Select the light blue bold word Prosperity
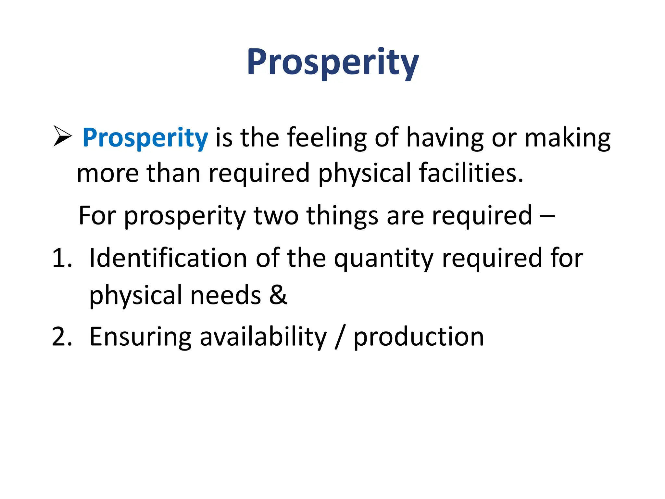pyautogui.click(x=145, y=138)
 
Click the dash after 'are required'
pyautogui.click(x=547, y=215)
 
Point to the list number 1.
pyautogui.click(x=61, y=258)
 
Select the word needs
pyautogui.click(x=226, y=295)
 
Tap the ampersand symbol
pyautogui.click(x=278, y=295)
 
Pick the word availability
pyautogui.click(x=263, y=337)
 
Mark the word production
pyautogui.click(x=419, y=337)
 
